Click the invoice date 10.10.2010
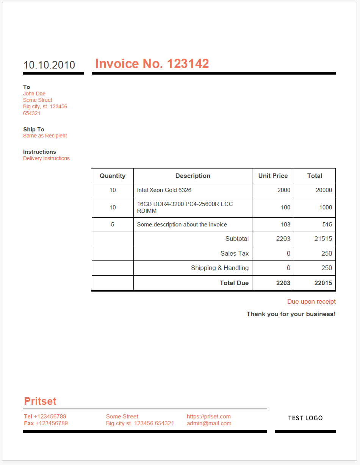pyautogui.click(x=49, y=65)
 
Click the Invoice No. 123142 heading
pyautogui.click(x=152, y=64)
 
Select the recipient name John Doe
pyautogui.click(x=34, y=94)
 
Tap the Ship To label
pyautogui.click(x=34, y=130)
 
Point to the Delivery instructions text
pyautogui.click(x=46, y=158)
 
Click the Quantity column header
pyautogui.click(x=113, y=176)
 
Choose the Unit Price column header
pyautogui.click(x=273, y=176)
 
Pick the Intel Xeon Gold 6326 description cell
pyautogui.click(x=164, y=190)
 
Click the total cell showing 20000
pyautogui.click(x=324, y=190)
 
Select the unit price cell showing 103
pyautogui.click(x=285, y=225)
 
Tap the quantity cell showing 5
pyautogui.click(x=113, y=225)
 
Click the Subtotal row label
pyautogui.click(x=237, y=239)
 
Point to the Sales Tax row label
pyautogui.click(x=235, y=253)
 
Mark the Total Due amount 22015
pyautogui.click(x=323, y=283)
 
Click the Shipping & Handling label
pyautogui.click(x=220, y=268)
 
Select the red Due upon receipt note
pyautogui.click(x=311, y=302)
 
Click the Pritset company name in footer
pyautogui.click(x=40, y=401)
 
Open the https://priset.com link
pyautogui.click(x=208, y=417)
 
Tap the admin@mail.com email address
pyautogui.click(x=209, y=423)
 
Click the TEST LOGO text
pyautogui.click(x=305, y=418)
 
